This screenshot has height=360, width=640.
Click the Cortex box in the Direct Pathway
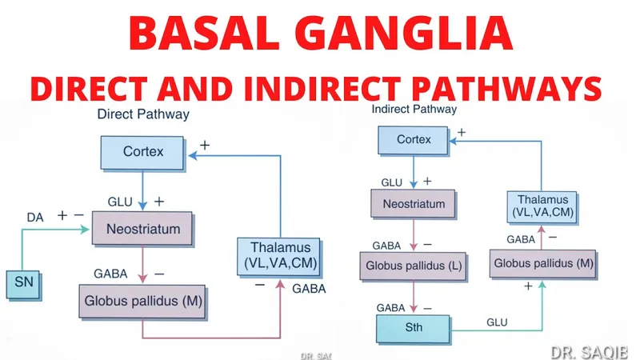coord(144,150)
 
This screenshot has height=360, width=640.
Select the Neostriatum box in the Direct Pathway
coord(142,229)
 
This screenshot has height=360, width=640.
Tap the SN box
coord(23,282)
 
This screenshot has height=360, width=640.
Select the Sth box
coord(413,327)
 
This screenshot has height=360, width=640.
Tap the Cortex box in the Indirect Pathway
coord(413,140)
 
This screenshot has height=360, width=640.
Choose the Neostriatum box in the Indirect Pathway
coord(413,204)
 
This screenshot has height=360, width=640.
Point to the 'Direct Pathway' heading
coord(143,114)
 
